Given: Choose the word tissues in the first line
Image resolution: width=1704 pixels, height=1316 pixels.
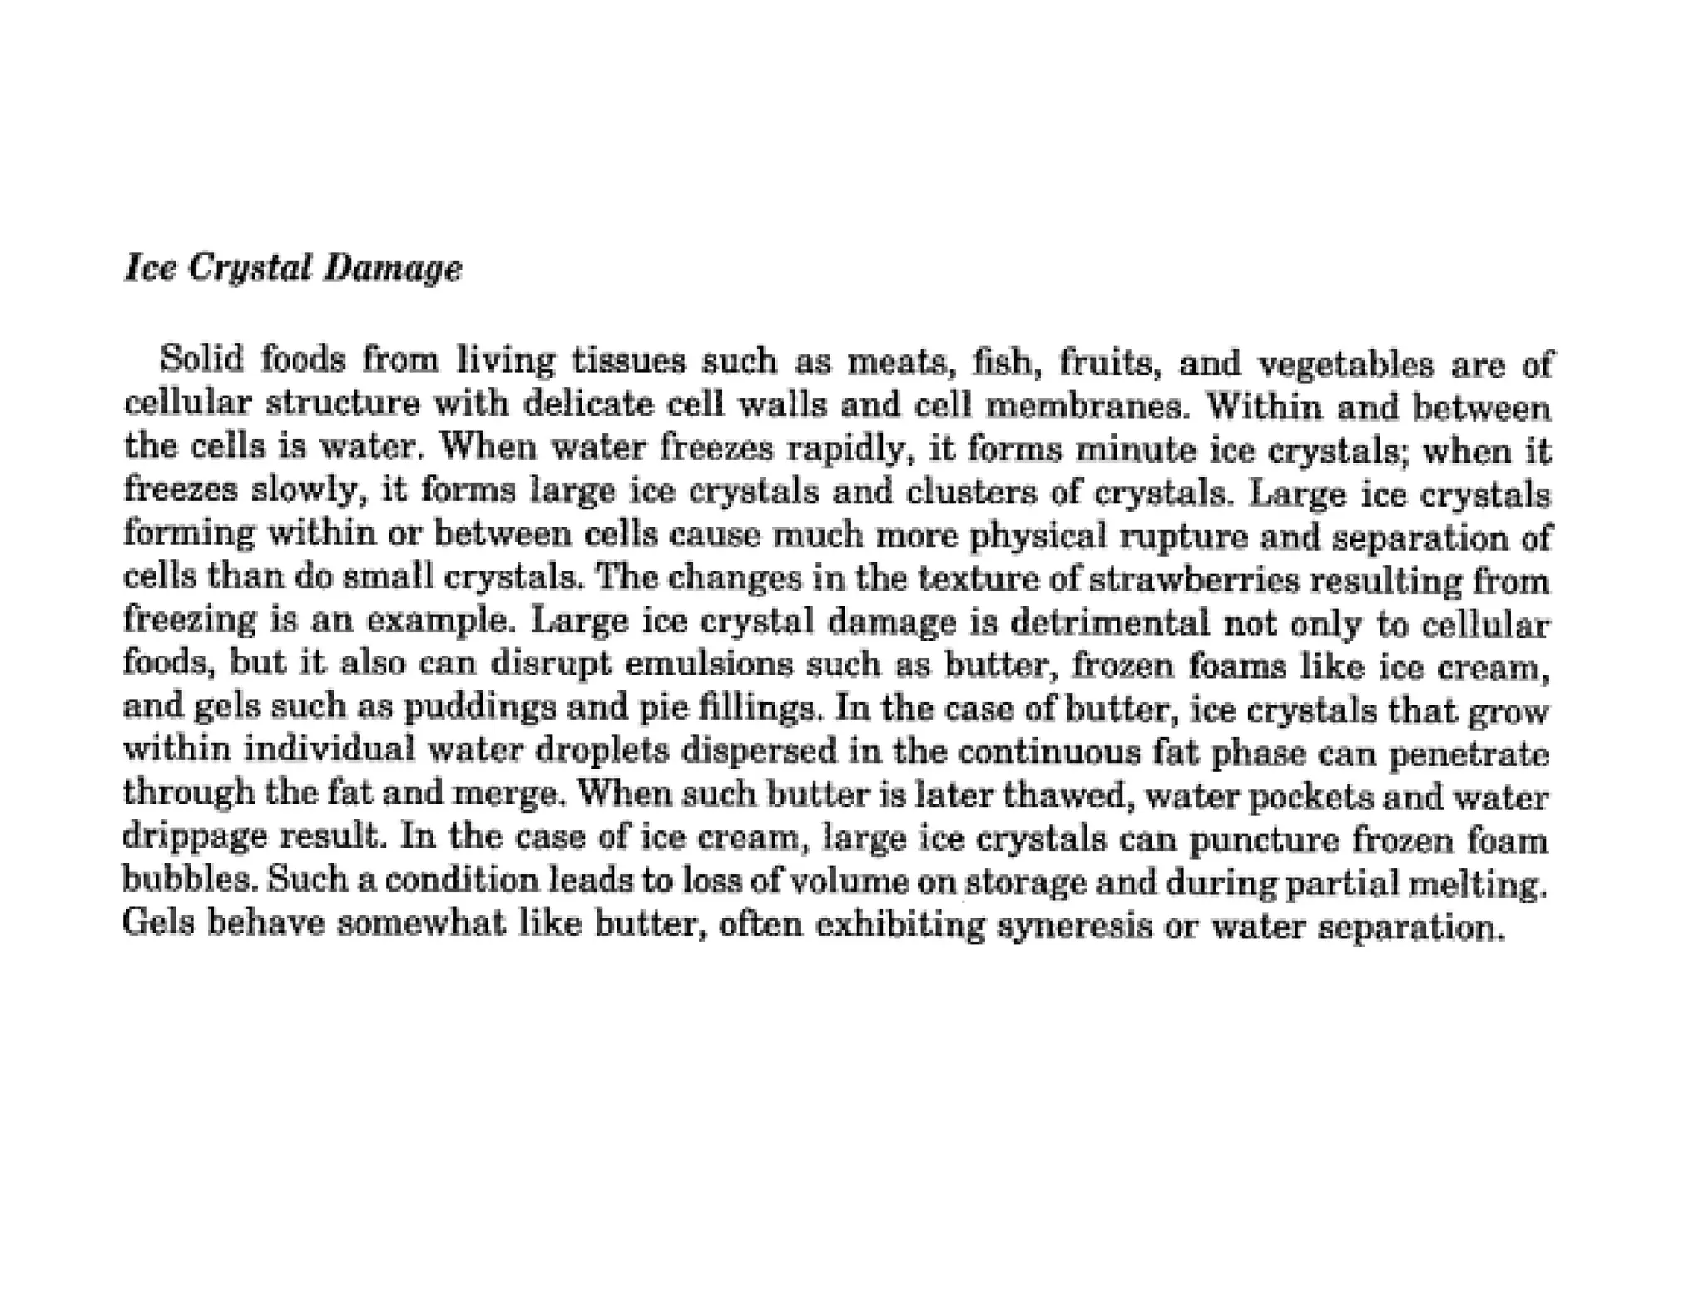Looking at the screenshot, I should tap(630, 361).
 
